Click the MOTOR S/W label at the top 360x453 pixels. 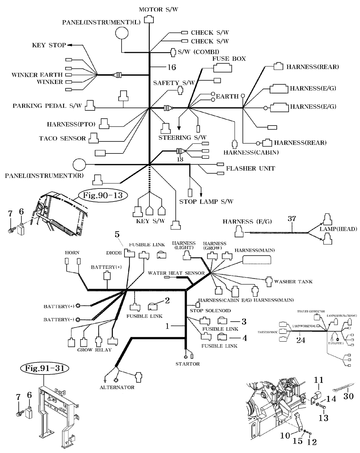click(156, 9)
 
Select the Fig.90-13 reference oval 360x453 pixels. click(103, 196)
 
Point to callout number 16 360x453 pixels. click(171, 67)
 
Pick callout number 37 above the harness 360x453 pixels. click(292, 219)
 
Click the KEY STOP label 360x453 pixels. click(49, 45)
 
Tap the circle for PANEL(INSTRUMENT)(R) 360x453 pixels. click(79, 165)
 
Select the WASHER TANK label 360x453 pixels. click(293, 281)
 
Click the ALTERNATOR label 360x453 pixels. click(117, 387)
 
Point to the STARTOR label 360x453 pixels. click(187, 364)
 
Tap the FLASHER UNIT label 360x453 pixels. click(250, 169)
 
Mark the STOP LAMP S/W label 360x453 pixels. click(206, 202)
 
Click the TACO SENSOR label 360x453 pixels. click(62, 139)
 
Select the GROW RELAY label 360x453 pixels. click(94, 350)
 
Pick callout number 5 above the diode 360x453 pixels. click(117, 234)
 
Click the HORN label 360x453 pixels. click(72, 253)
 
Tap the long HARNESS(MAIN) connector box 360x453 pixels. click(257, 260)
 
